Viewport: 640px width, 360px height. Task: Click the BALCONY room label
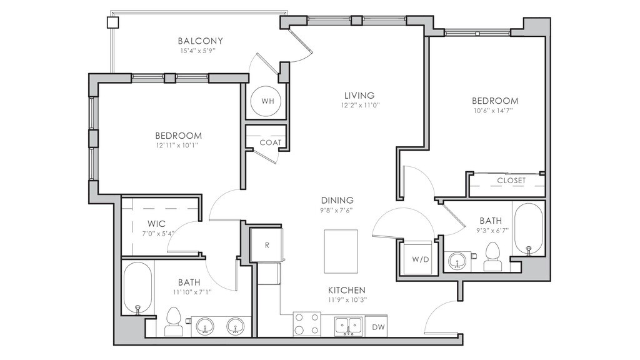tap(201, 41)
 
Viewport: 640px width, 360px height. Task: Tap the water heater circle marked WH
tap(267, 101)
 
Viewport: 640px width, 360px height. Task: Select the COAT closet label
tap(271, 142)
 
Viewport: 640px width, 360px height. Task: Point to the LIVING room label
tap(359, 96)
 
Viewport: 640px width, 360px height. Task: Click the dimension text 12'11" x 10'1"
tap(178, 145)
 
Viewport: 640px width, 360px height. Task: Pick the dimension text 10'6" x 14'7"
tap(495, 110)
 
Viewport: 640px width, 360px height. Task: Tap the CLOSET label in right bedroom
tap(511, 181)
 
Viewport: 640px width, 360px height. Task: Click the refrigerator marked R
tap(266, 245)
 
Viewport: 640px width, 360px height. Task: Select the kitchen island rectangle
tap(341, 251)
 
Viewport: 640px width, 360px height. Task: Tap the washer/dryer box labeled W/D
tap(420, 259)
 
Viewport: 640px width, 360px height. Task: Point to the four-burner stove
tap(306, 324)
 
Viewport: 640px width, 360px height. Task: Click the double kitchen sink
tap(349, 326)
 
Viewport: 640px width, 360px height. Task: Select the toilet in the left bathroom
tap(174, 321)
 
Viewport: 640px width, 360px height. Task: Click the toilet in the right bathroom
tap(493, 256)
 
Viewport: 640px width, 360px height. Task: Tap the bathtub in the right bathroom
tap(529, 230)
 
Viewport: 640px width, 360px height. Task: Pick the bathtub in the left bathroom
tap(137, 289)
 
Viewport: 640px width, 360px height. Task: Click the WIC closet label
tap(157, 224)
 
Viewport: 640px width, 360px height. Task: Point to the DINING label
tap(337, 201)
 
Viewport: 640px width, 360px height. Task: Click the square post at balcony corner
tap(112, 22)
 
